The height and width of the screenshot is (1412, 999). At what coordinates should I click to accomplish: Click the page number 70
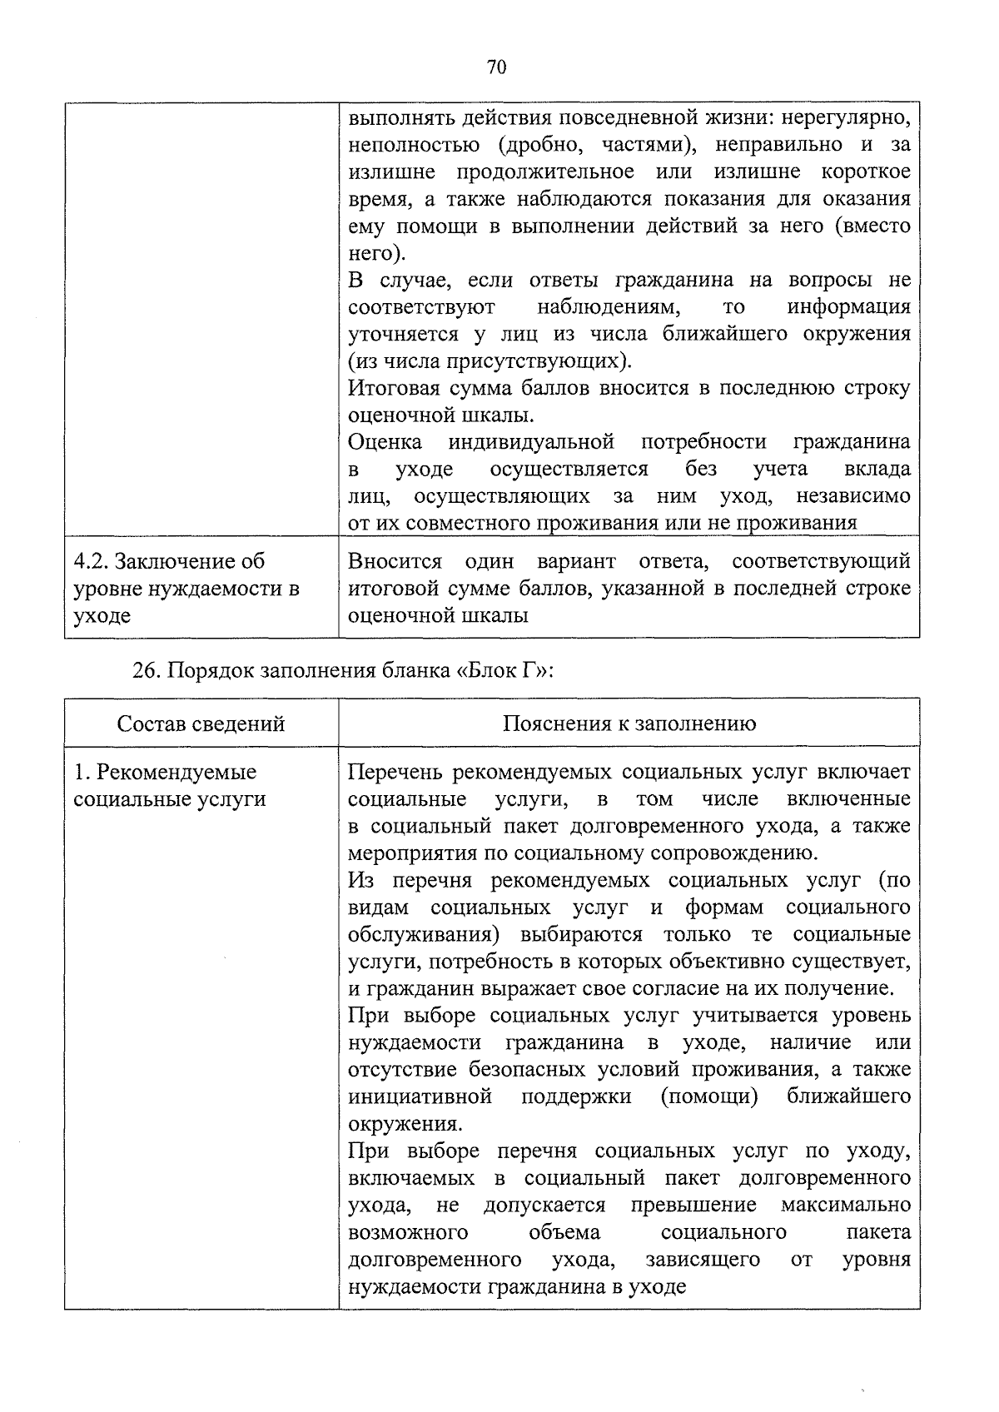pos(496,68)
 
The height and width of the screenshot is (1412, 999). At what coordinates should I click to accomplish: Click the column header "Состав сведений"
pos(201,723)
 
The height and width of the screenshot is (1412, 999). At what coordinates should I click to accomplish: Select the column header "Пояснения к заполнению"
pos(629,723)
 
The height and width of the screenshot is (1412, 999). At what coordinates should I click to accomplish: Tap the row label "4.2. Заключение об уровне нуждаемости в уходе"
pos(186,589)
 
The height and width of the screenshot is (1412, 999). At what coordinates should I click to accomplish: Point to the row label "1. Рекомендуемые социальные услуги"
pos(170,785)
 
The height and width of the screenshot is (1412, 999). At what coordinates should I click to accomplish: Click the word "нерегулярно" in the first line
pos(852,117)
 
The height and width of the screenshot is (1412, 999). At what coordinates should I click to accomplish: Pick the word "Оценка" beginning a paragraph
pos(385,442)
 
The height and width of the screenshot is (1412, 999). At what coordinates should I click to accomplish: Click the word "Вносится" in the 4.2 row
pos(395,561)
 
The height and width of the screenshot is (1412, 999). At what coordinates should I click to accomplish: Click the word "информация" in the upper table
pos(848,307)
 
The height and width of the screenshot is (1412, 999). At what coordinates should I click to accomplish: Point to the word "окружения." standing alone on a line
pos(405,1124)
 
